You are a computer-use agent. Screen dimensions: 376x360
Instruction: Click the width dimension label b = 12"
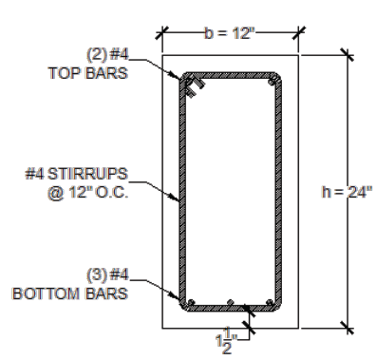pyautogui.click(x=230, y=33)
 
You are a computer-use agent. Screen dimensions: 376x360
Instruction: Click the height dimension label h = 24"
pyautogui.click(x=347, y=192)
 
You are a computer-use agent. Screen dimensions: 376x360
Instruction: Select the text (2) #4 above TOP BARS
pyautogui.click(x=107, y=54)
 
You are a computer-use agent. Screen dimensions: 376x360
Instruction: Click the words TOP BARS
pyautogui.click(x=88, y=73)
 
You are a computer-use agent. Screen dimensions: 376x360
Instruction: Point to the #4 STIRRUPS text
pyautogui.click(x=77, y=174)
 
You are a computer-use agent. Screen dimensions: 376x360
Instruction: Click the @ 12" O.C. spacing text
pyautogui.click(x=88, y=192)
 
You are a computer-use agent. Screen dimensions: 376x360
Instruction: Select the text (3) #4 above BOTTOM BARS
pyautogui.click(x=107, y=275)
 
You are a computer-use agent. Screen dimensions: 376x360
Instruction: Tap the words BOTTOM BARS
pyautogui.click(x=70, y=294)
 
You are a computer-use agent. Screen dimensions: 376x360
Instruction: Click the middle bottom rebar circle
pyautogui.click(x=231, y=302)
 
